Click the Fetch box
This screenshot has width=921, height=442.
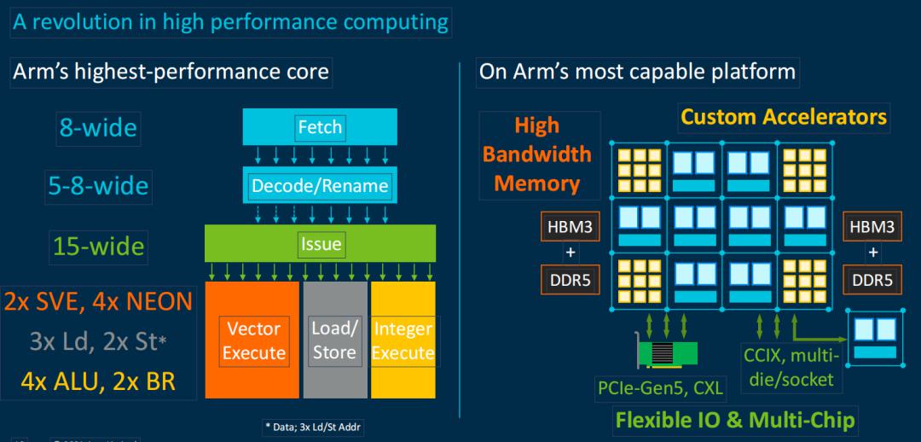click(320, 127)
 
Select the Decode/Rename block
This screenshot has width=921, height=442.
click(320, 185)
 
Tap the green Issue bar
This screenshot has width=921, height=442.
click(320, 244)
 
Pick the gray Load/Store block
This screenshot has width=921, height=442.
click(334, 340)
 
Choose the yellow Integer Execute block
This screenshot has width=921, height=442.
click(403, 340)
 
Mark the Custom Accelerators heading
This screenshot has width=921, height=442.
click(783, 117)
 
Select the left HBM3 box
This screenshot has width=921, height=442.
click(570, 227)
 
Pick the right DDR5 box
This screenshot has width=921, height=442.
click(872, 278)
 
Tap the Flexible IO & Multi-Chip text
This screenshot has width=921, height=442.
click(735, 420)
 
